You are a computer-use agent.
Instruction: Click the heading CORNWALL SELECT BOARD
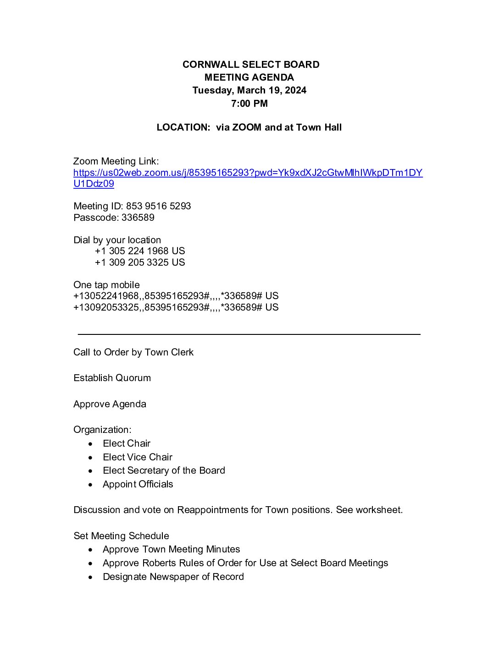coord(251,65)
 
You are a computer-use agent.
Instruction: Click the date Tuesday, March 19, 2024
coord(249,90)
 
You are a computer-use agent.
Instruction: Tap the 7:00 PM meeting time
coord(249,104)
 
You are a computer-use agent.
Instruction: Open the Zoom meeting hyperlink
coord(248,173)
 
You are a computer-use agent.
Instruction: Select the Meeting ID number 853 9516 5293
coord(158,206)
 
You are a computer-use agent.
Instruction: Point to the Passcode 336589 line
coord(114,218)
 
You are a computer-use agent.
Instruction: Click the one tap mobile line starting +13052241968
coord(176,296)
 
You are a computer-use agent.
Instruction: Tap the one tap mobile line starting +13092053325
coord(176,307)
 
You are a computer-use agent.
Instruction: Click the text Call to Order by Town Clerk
coord(133,352)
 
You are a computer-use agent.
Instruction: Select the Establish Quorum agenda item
coord(112,378)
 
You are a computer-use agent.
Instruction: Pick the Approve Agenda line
coord(110,404)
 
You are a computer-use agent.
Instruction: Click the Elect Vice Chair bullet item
coord(138,457)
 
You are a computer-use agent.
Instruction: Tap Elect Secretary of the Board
coord(164,470)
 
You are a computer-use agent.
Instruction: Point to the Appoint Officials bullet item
coord(138,484)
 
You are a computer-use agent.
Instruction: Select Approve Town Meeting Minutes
coord(171,549)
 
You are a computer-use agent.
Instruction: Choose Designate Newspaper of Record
coord(173,577)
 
